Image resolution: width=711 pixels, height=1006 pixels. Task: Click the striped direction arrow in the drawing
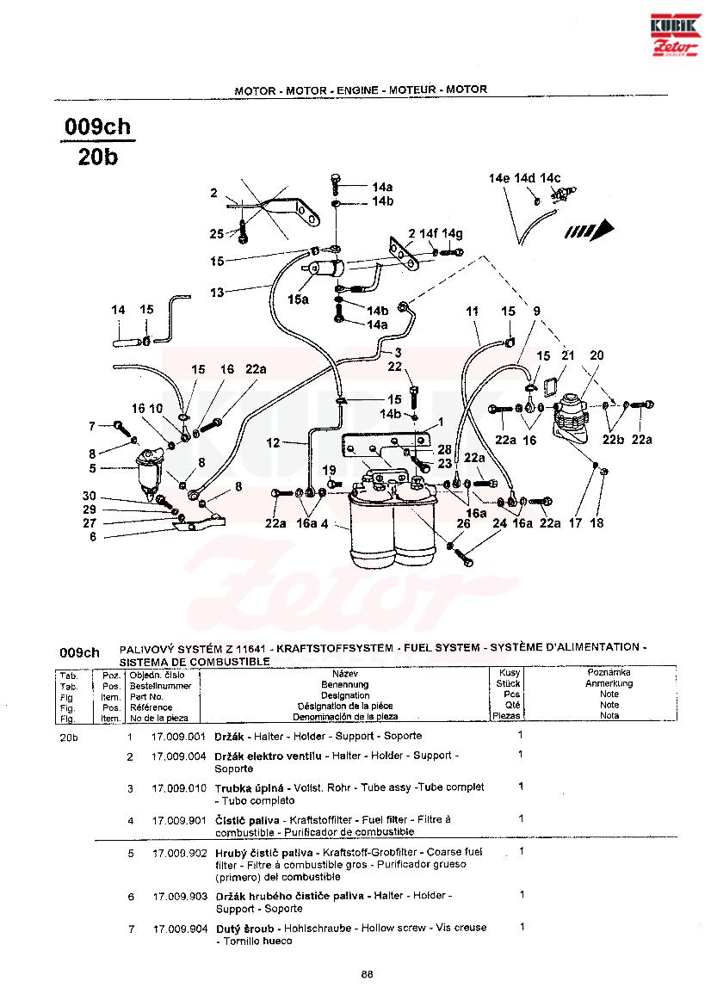[589, 231]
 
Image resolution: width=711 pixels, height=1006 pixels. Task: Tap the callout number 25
[216, 233]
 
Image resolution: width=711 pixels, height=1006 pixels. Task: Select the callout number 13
[216, 293]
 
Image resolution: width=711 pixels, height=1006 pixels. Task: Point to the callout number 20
[597, 355]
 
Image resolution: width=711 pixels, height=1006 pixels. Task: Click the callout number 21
[567, 355]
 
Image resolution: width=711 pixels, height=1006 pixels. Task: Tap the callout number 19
[328, 469]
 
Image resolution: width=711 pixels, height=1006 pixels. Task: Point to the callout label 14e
[499, 178]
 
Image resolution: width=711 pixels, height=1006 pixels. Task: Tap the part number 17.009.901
[179, 820]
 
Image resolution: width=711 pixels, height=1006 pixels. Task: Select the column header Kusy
[509, 672]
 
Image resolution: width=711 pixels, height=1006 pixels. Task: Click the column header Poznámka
[609, 672]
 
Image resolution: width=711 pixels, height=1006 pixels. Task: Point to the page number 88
[367, 973]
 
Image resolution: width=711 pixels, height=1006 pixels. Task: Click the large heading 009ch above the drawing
[98, 127]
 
